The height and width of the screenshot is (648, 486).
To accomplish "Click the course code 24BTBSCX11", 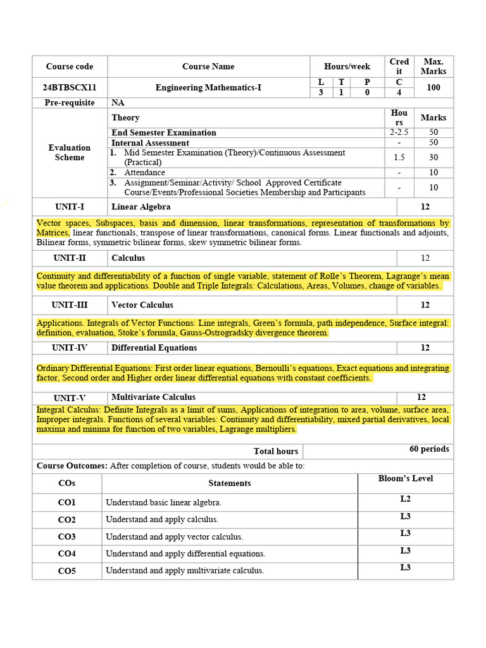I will coord(70,87).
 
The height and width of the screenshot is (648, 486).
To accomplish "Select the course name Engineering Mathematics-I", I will coord(208,87).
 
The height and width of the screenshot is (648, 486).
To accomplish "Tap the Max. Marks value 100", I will coord(433,87).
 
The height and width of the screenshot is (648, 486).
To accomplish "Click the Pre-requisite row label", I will coord(70,103).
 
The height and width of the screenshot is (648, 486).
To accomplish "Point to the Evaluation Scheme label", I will coord(70,153).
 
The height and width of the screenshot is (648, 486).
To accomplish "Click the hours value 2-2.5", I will coord(399,132).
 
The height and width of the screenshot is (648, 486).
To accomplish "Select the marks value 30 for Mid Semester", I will coord(433,158).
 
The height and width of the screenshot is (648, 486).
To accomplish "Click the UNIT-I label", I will coord(70,207).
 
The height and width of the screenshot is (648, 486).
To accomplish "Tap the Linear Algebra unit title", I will coord(141,207).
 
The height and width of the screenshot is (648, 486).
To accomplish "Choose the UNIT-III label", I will coord(70,305).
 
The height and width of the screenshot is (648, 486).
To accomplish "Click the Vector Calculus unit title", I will coord(142,305).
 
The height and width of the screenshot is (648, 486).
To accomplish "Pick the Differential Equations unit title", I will coord(154,347).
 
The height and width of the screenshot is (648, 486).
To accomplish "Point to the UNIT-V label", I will coord(70,398).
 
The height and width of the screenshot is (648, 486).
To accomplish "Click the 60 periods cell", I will coord(429,449).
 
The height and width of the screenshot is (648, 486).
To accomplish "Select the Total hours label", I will coord(276,451).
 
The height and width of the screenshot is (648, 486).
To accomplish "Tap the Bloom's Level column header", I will coord(406,478).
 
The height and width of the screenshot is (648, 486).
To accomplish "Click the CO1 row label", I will coord(67,502).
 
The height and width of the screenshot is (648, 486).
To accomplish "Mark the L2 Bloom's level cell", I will coord(406,499).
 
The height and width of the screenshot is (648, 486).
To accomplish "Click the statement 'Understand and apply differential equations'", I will coord(185,554).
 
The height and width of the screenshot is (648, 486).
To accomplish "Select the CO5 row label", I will coord(67,571).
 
